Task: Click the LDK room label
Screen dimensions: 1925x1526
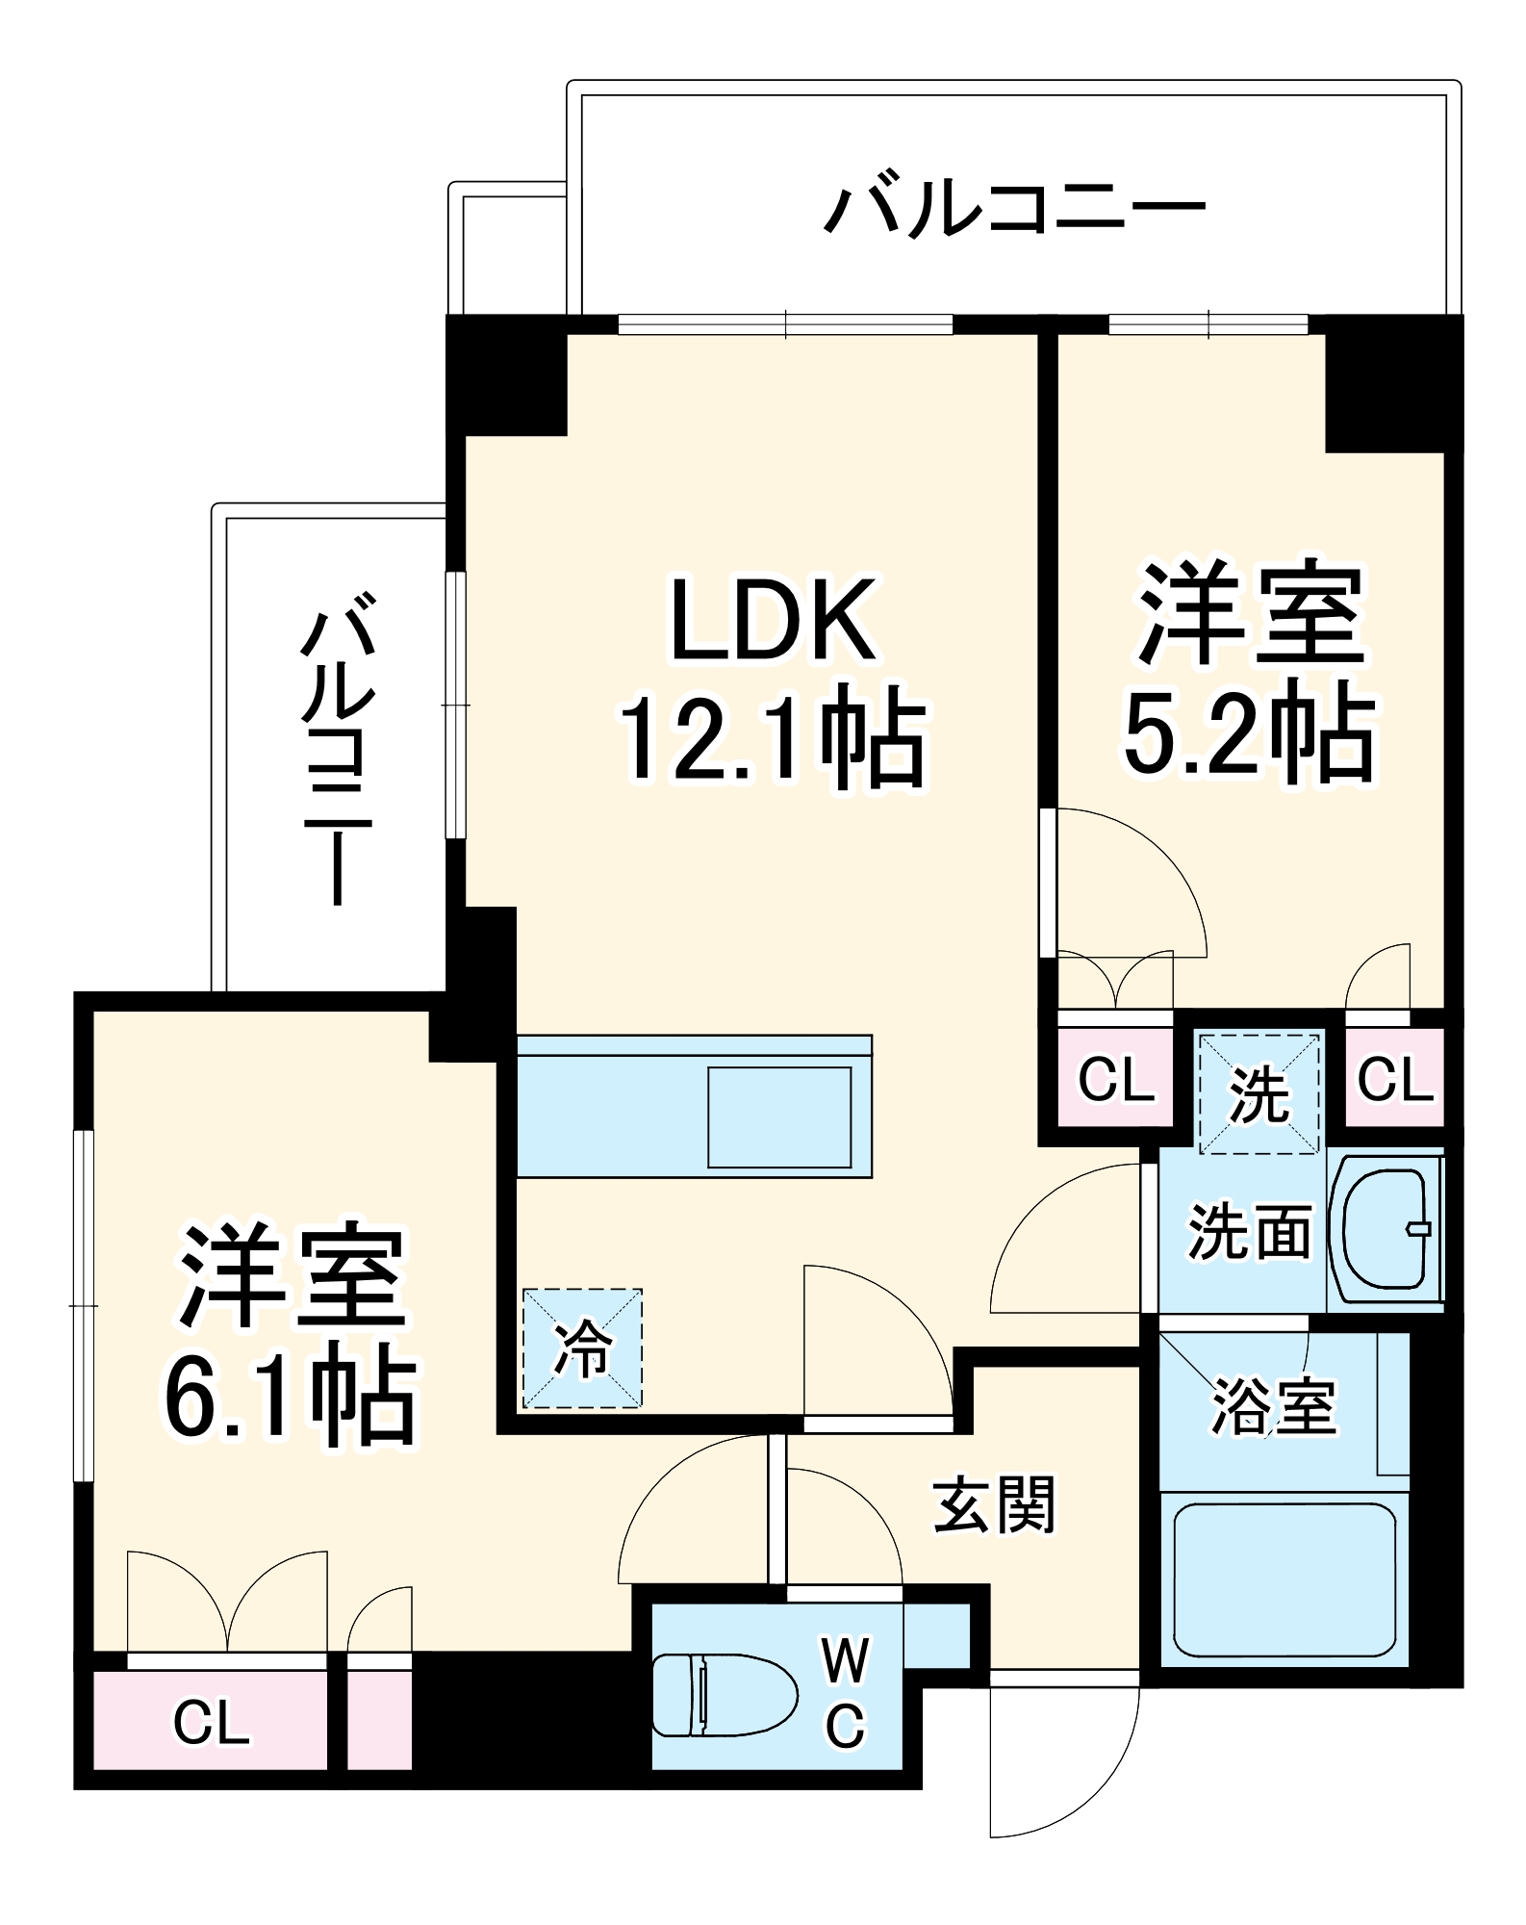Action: click(773, 621)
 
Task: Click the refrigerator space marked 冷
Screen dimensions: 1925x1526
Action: click(582, 1348)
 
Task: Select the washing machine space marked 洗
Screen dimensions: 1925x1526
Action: click(1259, 1093)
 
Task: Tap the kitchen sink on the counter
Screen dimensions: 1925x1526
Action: click(779, 1116)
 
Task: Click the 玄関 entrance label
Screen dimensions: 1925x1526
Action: click(994, 1506)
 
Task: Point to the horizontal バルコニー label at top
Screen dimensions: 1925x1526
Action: click(1014, 208)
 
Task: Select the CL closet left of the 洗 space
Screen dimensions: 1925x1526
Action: click(1115, 1079)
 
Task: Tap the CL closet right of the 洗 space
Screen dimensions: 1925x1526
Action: click(1394, 1079)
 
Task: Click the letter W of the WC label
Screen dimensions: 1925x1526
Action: click(845, 1661)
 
